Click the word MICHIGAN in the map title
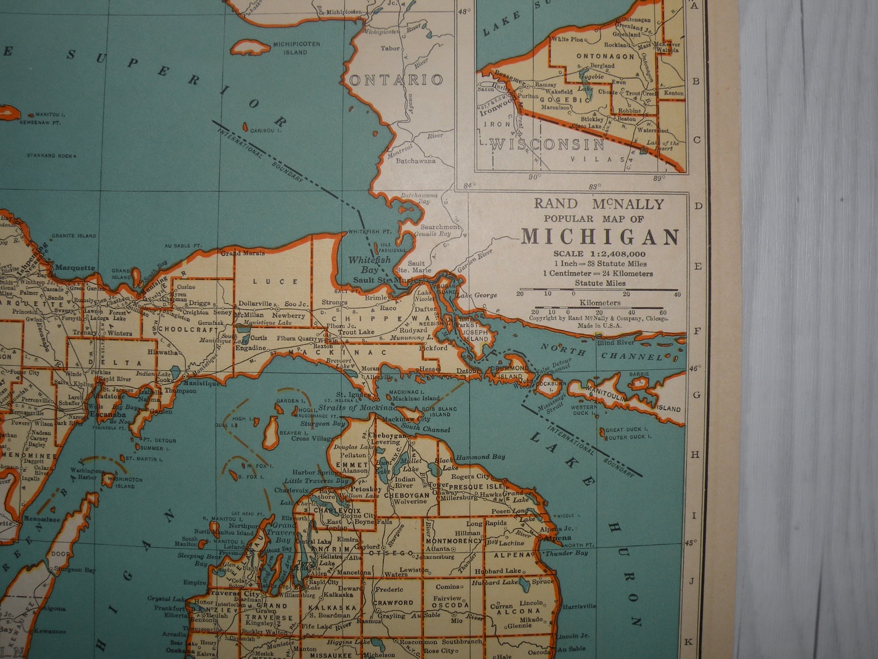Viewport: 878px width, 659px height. [600, 237]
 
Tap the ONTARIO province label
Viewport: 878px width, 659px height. [396, 80]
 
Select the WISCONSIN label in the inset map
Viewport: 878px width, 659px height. [547, 145]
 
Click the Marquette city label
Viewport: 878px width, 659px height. [75, 268]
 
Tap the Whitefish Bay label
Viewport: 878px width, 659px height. [369, 264]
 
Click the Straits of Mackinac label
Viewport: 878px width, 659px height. [357, 408]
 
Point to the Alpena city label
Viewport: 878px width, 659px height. [557, 538]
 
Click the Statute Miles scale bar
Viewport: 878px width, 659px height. [599, 290]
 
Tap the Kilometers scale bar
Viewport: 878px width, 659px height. [599, 308]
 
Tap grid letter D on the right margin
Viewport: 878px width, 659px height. [698, 206]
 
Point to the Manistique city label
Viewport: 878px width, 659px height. [201, 383]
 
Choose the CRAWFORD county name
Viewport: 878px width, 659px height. [393, 603]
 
